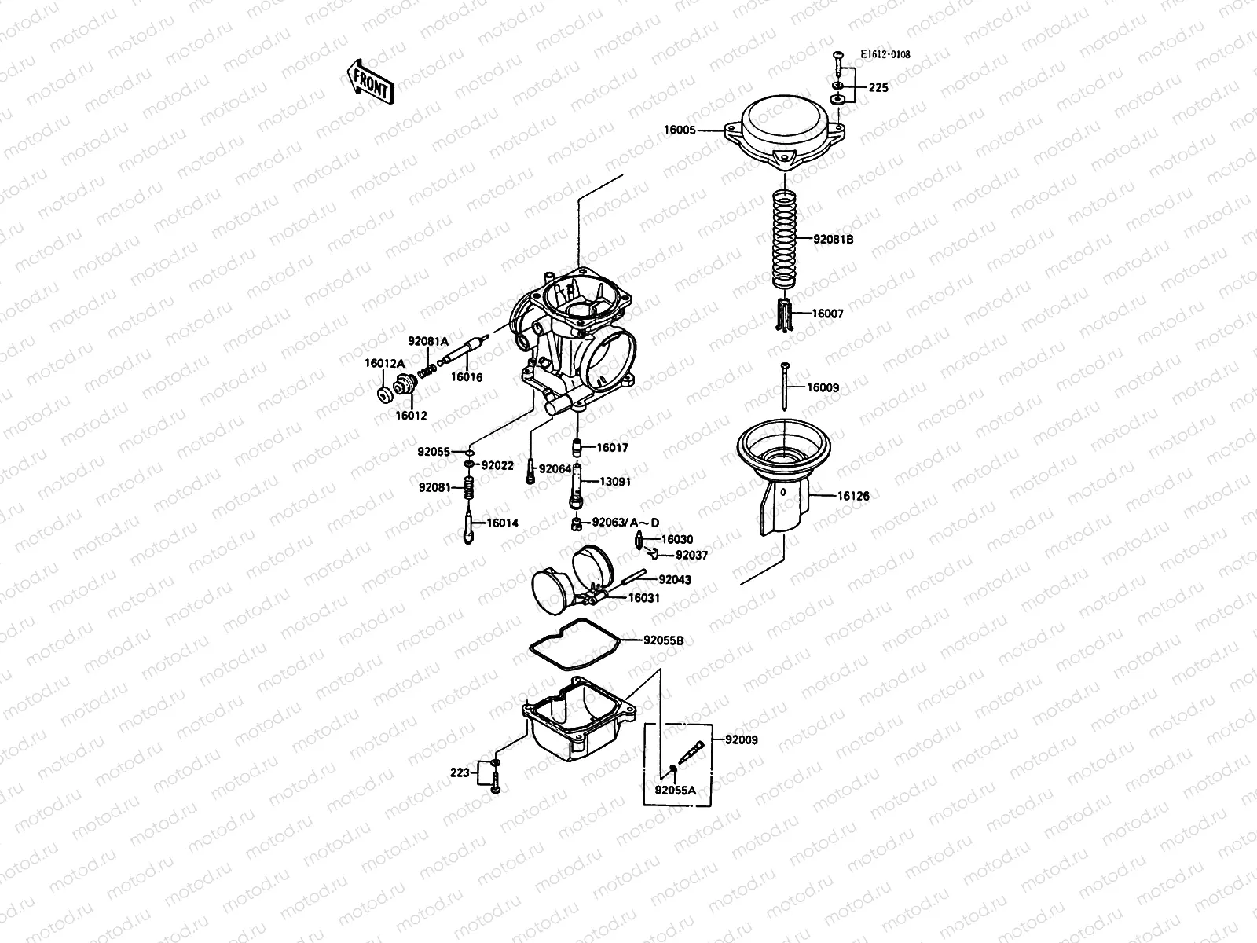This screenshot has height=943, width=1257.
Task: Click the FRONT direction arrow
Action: [368, 82]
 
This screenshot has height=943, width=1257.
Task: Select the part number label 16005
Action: [680, 130]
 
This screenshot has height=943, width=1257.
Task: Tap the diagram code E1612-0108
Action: [885, 55]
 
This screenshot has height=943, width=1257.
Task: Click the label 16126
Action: [853, 496]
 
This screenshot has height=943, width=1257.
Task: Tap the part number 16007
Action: [827, 314]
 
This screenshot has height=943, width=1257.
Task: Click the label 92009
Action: [742, 739]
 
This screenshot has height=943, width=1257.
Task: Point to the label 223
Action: [460, 772]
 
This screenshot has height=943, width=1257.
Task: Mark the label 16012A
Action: [384, 363]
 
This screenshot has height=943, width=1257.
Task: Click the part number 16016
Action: [466, 377]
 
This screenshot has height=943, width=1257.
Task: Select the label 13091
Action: [615, 481]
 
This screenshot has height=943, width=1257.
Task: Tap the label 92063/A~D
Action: [625, 523]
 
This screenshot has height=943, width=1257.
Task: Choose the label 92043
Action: [675, 579]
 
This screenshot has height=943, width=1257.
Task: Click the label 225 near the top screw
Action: [878, 87]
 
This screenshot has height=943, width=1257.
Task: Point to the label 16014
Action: [502, 523]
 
